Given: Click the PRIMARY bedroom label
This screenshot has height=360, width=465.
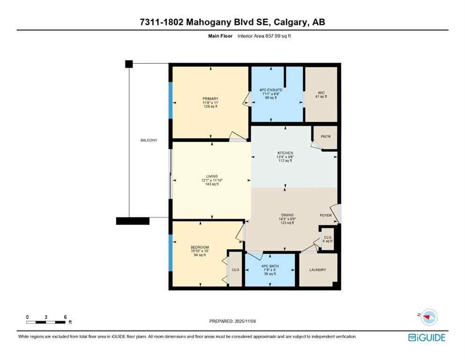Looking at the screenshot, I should (x=210, y=99).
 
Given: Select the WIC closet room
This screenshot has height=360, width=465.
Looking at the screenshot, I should (x=321, y=94).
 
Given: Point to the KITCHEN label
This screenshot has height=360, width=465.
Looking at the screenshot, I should (x=285, y=153).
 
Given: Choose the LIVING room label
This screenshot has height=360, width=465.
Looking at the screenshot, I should (x=211, y=176).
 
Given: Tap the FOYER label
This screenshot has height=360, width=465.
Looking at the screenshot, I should (x=325, y=216).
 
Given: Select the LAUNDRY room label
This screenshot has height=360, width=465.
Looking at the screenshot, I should (x=317, y=270).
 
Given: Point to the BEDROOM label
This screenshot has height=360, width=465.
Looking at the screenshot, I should (x=199, y=247).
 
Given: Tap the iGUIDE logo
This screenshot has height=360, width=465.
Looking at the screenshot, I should (x=427, y=337).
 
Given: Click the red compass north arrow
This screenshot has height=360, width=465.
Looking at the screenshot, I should (x=428, y=317).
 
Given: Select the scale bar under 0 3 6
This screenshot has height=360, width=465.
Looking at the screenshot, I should (x=46, y=322).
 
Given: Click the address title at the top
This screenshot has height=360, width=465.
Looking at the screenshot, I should (x=232, y=22).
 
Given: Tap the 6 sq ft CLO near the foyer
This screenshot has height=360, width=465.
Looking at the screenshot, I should (x=328, y=239).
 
